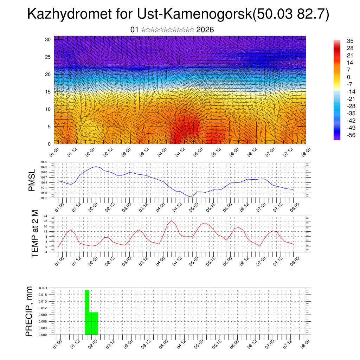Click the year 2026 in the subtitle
205,30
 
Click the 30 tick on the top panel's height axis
48,39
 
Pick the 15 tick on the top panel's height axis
48,92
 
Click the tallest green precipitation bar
87,311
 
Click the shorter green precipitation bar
94,323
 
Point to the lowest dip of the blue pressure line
192,197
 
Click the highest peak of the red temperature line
172,221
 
